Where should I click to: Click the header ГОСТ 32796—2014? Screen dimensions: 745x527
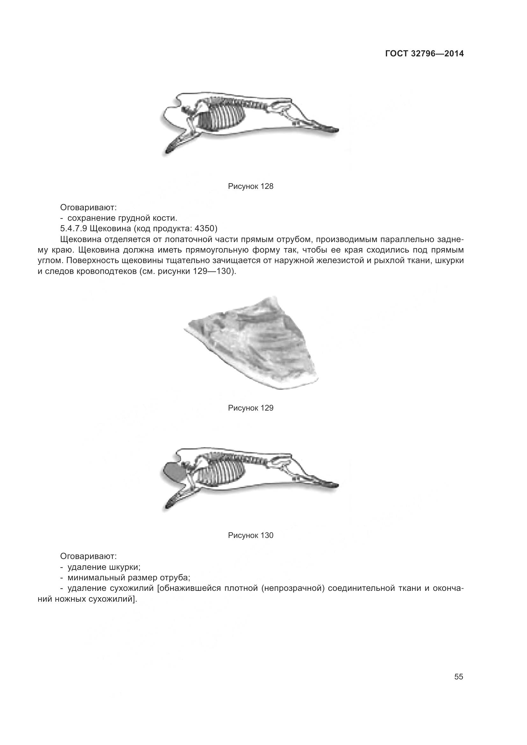click(x=424, y=54)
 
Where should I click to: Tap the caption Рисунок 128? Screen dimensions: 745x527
click(x=250, y=186)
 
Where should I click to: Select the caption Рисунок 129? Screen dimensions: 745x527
click(x=250, y=408)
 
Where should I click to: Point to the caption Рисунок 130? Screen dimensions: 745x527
click(x=250, y=535)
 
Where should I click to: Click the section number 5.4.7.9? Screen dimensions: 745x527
click(x=73, y=228)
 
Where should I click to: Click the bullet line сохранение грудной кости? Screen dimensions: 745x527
click(x=122, y=218)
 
